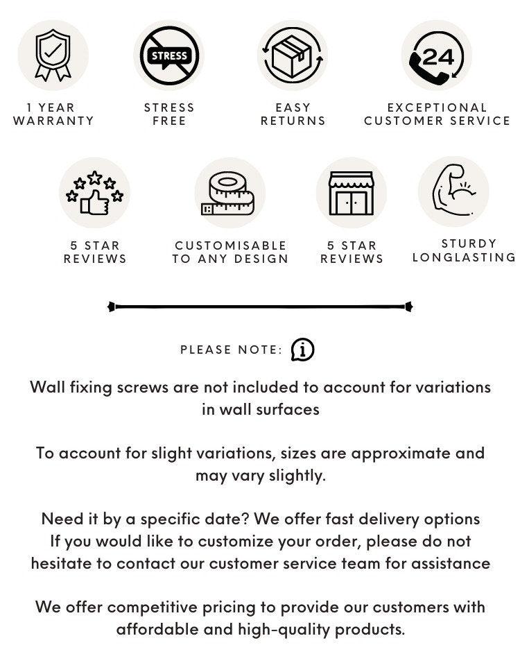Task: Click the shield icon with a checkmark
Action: [x=53, y=55]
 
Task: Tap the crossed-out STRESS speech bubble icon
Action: [x=168, y=55]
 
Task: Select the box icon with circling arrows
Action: [x=292, y=55]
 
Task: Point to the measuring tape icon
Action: [x=229, y=193]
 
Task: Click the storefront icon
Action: [x=351, y=193]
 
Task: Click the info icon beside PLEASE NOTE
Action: [x=302, y=350]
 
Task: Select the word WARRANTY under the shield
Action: [x=53, y=121]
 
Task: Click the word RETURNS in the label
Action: [x=293, y=121]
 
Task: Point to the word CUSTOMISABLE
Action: [x=230, y=246]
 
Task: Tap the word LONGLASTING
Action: [x=463, y=257]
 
